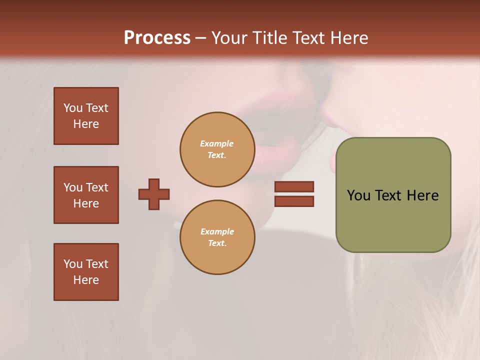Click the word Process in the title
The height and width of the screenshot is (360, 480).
[157, 38]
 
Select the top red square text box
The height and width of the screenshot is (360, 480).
[86, 116]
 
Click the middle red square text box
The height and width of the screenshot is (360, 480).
[86, 195]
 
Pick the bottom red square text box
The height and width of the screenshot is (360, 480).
[86, 272]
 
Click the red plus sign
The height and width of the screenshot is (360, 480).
[154, 194]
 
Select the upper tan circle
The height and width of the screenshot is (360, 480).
[217, 149]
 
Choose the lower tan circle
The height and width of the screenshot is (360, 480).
[217, 237]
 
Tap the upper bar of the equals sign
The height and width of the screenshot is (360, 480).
[294, 186]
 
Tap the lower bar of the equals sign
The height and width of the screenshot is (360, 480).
[294, 201]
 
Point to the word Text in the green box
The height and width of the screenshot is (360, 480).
[388, 195]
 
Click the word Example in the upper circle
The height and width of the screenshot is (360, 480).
[216, 144]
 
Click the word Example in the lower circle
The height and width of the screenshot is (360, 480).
[216, 232]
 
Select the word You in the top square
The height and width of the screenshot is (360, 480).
[72, 108]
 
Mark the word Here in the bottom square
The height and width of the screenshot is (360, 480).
[86, 280]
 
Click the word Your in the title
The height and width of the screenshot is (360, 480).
[228, 38]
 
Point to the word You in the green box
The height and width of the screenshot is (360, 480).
[358, 195]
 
